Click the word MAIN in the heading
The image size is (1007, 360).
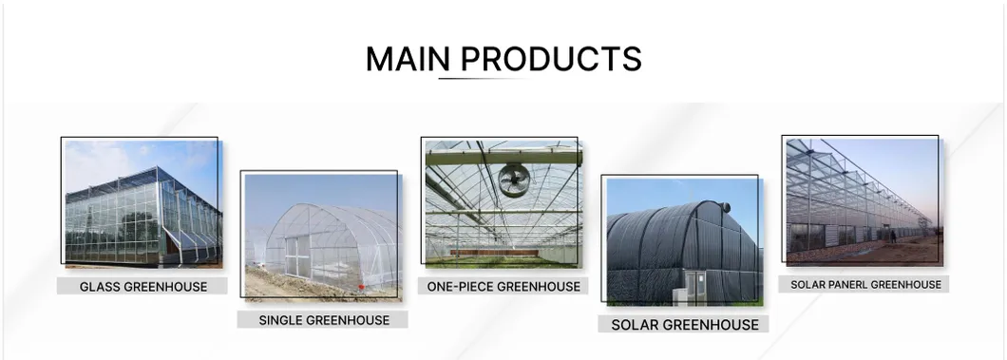point(408,59)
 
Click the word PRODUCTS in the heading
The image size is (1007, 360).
point(551,59)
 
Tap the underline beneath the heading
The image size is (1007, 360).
point(480,78)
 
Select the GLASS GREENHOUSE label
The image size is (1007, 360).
point(142,286)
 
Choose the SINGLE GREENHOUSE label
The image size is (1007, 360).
point(324,320)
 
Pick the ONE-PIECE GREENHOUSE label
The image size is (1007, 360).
point(503,286)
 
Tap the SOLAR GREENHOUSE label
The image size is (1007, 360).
point(685,325)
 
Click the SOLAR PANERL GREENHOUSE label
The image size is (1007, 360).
point(865,284)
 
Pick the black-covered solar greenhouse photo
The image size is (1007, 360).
point(683,242)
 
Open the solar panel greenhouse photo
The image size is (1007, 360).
point(863,200)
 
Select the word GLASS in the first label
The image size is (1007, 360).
point(99,286)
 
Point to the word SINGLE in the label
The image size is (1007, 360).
point(281,320)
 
